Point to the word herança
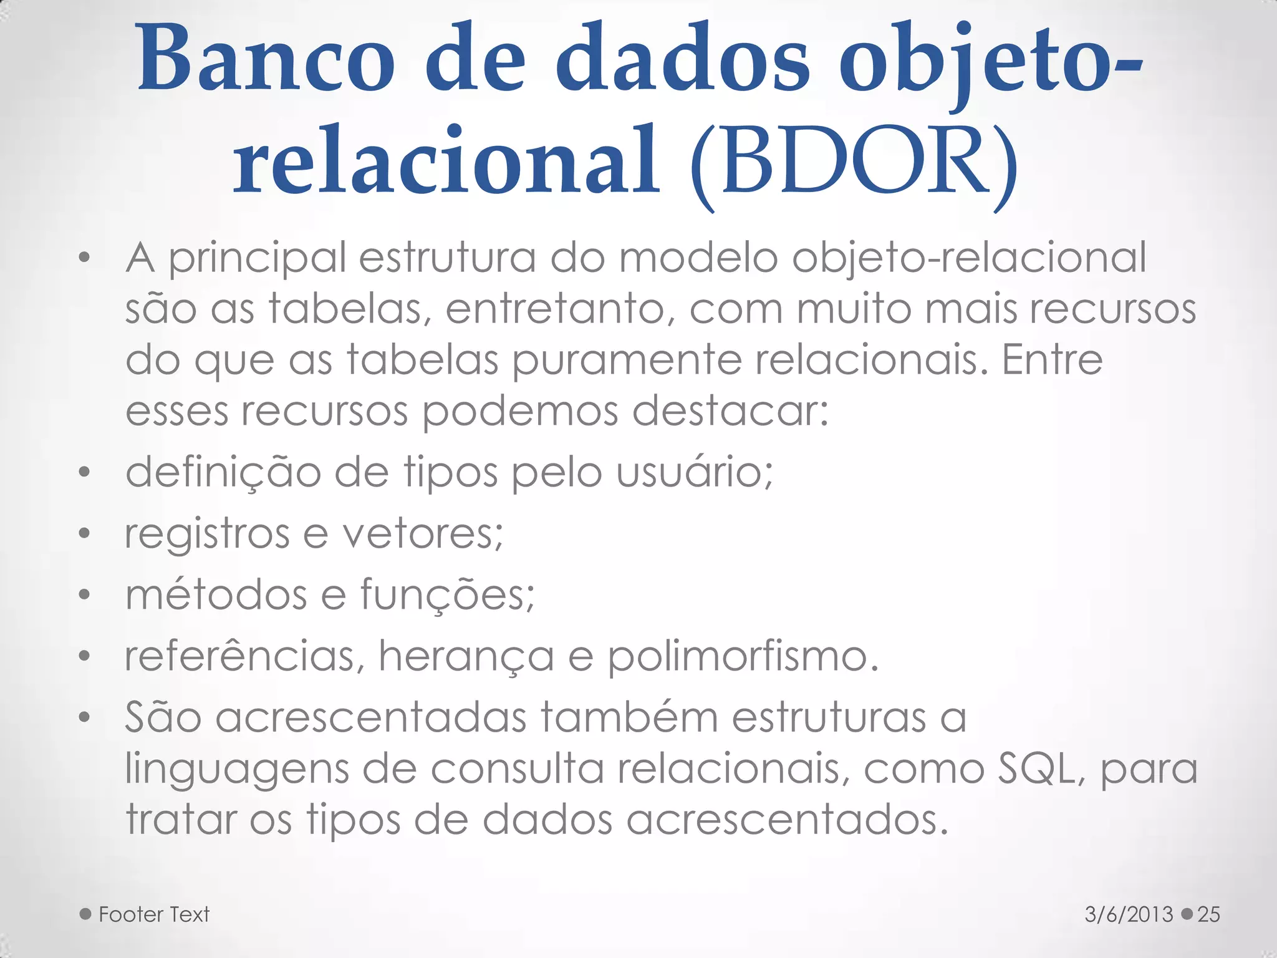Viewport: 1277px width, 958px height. (x=466, y=657)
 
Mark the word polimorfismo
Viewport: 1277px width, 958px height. (x=743, y=657)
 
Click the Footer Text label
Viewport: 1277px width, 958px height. (x=154, y=914)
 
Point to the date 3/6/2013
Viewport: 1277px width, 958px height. (x=1129, y=914)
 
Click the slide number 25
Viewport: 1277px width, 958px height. (x=1208, y=914)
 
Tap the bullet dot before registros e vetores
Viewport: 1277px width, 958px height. (x=85, y=534)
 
